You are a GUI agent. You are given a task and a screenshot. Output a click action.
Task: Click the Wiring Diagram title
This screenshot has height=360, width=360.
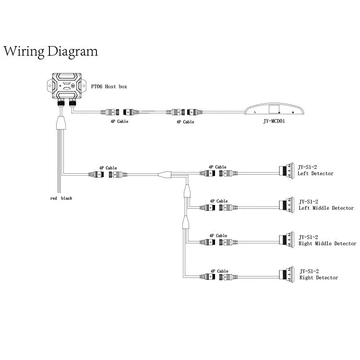(50, 52)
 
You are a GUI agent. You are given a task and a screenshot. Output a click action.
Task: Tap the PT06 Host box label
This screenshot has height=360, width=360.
(109, 86)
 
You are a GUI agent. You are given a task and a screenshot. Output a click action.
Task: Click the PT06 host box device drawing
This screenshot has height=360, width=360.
(67, 86)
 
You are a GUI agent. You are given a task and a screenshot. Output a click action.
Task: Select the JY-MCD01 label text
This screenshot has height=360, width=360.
(274, 121)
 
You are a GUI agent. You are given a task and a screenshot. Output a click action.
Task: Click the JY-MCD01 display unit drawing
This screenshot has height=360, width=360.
(274, 109)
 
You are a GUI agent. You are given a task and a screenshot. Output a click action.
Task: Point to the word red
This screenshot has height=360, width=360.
(53, 198)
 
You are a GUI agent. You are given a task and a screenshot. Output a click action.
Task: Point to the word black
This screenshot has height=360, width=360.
(67, 198)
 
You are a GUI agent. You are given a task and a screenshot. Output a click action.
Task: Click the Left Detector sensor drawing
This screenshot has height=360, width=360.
(287, 170)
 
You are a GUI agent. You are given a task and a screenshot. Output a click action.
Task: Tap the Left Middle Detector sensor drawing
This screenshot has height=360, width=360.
(287, 205)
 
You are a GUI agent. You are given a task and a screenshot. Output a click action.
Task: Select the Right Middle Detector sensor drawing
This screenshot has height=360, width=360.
(287, 240)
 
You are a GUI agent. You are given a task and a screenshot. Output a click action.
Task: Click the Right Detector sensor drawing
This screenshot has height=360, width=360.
(287, 275)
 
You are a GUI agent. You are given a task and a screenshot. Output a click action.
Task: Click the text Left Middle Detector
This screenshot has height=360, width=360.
(326, 208)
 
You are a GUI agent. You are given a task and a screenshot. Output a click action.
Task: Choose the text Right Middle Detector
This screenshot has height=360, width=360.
(327, 243)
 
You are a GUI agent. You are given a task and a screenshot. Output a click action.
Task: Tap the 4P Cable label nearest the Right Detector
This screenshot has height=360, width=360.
(219, 271)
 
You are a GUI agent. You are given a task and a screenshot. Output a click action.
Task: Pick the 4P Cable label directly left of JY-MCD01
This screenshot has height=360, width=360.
(185, 122)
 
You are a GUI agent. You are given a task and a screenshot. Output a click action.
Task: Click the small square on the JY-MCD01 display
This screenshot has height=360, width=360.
(274, 108)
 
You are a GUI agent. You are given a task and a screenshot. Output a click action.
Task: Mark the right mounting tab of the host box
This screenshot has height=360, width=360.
(84, 85)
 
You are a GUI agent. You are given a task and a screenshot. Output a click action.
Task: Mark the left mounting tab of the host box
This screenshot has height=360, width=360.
(49, 85)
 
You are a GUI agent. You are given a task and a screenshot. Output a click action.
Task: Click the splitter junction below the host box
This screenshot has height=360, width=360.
(61, 123)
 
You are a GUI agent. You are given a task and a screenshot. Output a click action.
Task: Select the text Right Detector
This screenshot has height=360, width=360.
(319, 277)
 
